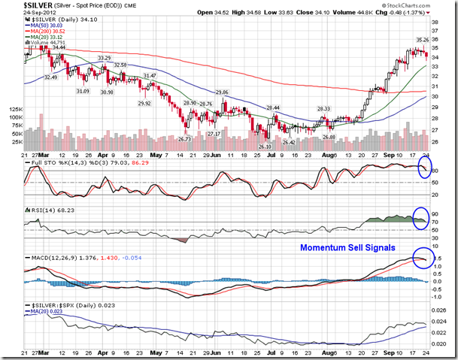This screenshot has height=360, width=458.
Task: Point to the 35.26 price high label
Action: [x=423, y=39]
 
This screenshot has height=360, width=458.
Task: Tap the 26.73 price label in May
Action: [x=184, y=138]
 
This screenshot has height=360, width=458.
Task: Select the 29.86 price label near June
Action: [x=222, y=92]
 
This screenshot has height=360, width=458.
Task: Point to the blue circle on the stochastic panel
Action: [x=423, y=169]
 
